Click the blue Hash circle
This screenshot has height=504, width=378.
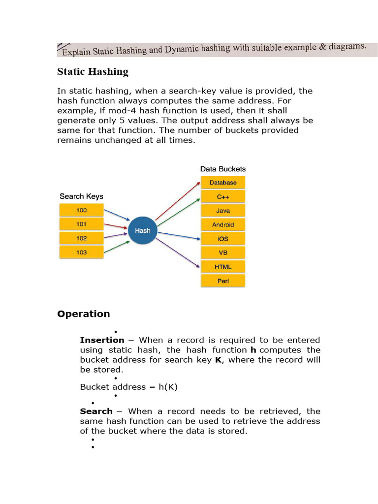(142, 230)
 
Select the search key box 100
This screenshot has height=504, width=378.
(81, 210)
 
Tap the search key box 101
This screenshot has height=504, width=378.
(81, 224)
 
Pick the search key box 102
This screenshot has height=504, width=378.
(81, 238)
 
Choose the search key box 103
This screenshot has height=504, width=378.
(81, 252)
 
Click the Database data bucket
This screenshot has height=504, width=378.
(223, 183)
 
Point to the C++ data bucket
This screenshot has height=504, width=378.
(223, 196)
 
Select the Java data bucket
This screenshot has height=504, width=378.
(223, 211)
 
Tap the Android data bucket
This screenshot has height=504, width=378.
(223, 225)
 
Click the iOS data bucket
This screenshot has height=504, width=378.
(223, 239)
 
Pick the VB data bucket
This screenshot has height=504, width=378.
(223, 253)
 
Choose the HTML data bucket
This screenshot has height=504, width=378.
(223, 267)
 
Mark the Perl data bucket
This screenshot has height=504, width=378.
(223, 281)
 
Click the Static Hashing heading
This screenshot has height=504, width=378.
(93, 72)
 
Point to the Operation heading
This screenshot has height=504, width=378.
(84, 314)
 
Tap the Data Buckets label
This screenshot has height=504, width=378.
(222, 169)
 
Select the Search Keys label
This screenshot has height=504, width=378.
(81, 196)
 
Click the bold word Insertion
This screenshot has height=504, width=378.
(102, 340)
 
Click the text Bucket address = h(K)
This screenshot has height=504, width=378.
(128, 387)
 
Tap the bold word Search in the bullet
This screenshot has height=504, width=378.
(96, 411)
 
